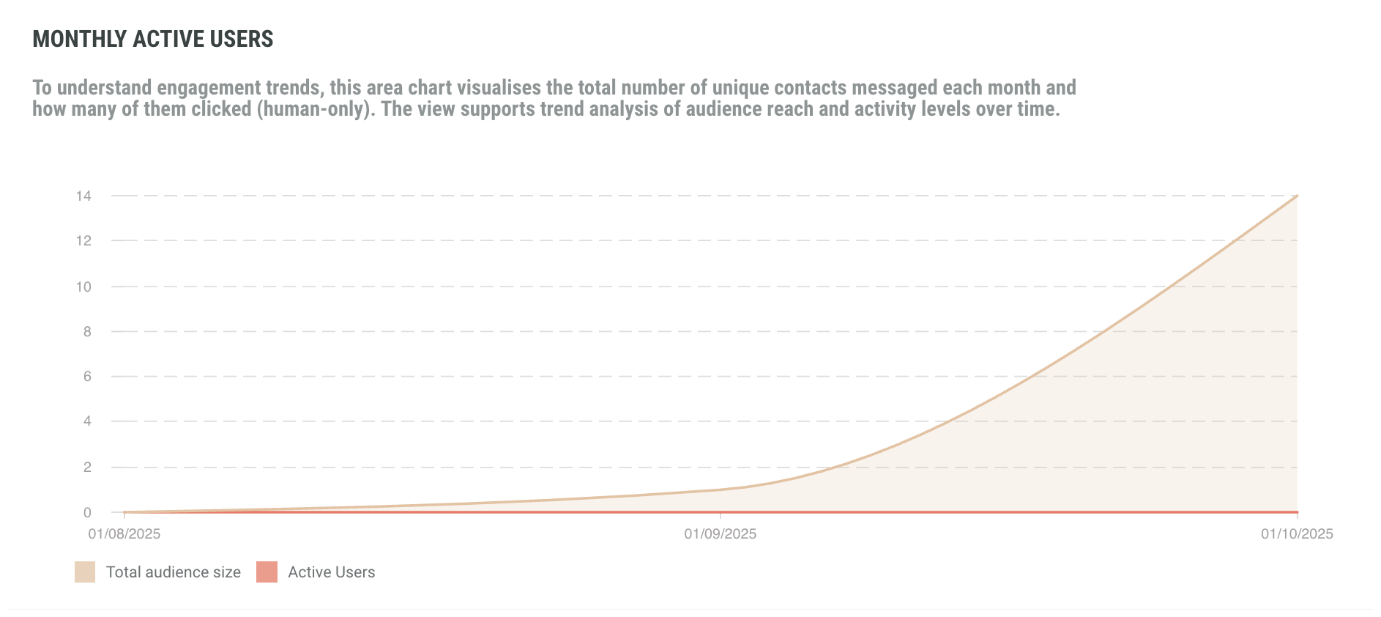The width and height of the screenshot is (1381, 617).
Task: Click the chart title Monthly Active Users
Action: [153, 39]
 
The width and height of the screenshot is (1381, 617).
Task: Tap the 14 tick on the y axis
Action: [83, 196]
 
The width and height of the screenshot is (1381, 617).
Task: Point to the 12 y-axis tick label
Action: [83, 240]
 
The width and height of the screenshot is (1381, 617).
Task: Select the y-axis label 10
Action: [83, 287]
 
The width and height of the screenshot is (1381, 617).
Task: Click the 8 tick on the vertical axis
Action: [87, 331]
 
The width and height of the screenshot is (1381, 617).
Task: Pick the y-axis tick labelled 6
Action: [87, 376]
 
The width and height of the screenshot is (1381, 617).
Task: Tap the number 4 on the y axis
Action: [87, 421]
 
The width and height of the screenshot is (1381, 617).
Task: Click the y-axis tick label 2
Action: [87, 467]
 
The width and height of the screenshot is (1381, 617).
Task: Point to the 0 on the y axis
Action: [87, 512]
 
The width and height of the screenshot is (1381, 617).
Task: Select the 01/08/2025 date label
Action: [124, 533]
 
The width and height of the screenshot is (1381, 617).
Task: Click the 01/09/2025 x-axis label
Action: [721, 533]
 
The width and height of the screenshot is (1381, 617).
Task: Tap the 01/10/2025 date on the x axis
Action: [1297, 533]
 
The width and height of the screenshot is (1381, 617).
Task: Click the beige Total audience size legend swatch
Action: [85, 572]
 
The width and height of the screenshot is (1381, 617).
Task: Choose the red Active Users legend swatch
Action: [267, 572]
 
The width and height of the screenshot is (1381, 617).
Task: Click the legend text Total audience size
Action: [174, 572]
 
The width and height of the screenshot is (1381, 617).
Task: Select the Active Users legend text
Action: [332, 572]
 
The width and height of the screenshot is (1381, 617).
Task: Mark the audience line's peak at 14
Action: [1297, 196]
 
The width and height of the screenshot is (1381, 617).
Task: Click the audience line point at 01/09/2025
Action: [721, 489]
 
